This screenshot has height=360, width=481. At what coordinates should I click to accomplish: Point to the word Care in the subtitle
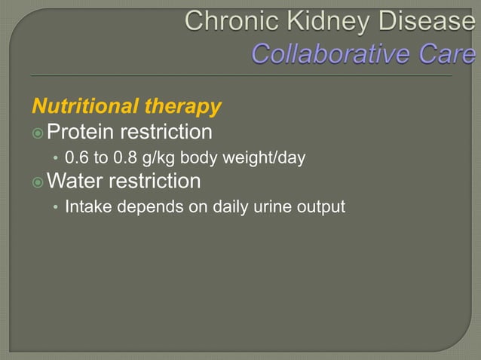pos(451,54)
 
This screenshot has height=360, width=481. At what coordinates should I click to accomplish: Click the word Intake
pos(84,206)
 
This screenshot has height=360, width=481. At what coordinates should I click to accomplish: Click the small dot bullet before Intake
pos(54,207)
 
